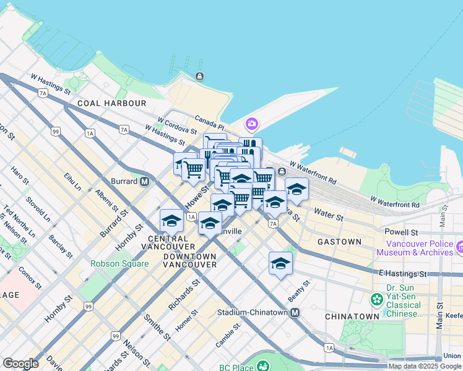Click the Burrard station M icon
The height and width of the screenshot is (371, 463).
coord(144,182)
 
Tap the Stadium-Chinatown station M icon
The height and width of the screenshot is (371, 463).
coord(295,312)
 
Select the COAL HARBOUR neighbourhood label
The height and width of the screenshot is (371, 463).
coord(112,103)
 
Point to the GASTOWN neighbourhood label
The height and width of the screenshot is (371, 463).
coord(339,242)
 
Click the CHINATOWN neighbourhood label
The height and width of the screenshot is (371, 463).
coord(352,316)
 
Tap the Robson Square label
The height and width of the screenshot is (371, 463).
coord(119,263)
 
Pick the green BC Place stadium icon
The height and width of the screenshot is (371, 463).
coord(264,366)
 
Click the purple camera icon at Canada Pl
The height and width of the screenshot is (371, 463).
coord(251,124)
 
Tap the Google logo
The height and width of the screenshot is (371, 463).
coord(20,364)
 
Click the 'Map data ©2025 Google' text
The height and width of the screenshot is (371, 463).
coord(425,366)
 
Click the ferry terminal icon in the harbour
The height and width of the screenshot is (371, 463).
coord(199,76)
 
